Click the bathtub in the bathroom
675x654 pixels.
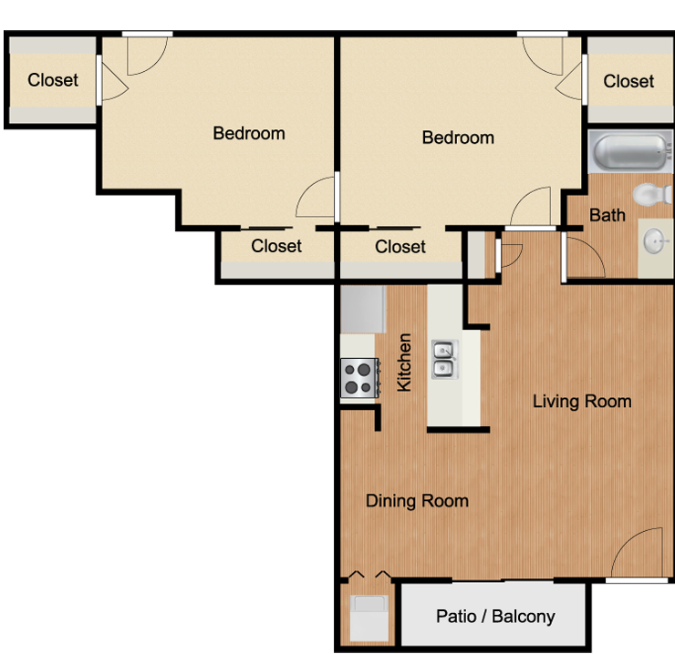tap(629, 151)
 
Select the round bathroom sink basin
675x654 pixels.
tap(656, 241)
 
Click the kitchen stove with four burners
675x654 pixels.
tap(360, 377)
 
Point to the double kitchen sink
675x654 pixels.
tap(445, 360)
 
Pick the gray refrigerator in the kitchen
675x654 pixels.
tap(363, 309)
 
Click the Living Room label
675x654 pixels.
tap(582, 401)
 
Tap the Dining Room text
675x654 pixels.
tap(417, 501)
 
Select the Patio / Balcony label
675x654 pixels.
tap(495, 616)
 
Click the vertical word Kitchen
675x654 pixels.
tap(404, 363)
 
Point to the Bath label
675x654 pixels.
tap(607, 215)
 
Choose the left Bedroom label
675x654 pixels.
tap(249, 133)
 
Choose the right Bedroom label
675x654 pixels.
tap(458, 138)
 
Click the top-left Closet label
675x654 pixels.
tap(53, 80)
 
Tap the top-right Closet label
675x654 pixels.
tap(628, 81)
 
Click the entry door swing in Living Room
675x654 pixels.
tap(637, 553)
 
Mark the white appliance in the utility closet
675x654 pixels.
tap(369, 618)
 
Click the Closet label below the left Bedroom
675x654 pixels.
tap(276, 246)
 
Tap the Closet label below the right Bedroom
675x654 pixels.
tap(400, 247)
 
